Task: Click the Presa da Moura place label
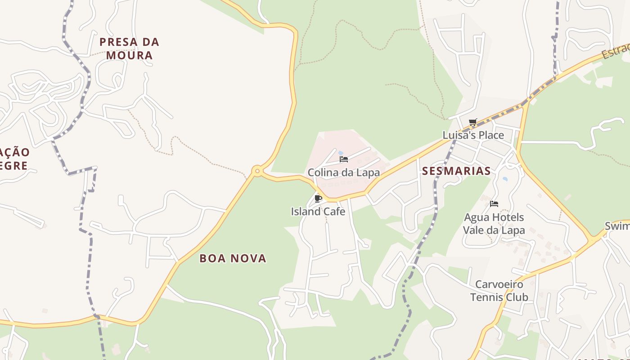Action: (x=129, y=49)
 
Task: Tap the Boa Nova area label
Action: (x=233, y=258)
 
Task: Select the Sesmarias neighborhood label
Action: (x=456, y=171)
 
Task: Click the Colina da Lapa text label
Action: (x=343, y=172)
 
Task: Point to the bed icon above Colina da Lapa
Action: (x=344, y=159)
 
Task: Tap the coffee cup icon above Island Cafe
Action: (x=318, y=198)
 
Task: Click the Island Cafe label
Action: (x=318, y=211)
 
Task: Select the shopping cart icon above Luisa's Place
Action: (x=472, y=122)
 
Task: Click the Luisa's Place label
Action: (x=473, y=135)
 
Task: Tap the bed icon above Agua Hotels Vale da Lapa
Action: (x=494, y=204)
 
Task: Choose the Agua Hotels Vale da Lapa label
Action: (x=494, y=224)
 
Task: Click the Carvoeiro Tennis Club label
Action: (x=499, y=291)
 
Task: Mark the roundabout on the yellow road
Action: (x=257, y=171)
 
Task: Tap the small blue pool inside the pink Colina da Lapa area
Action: (x=340, y=153)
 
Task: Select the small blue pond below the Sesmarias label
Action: (x=505, y=179)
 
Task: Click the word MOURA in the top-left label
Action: (x=129, y=55)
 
